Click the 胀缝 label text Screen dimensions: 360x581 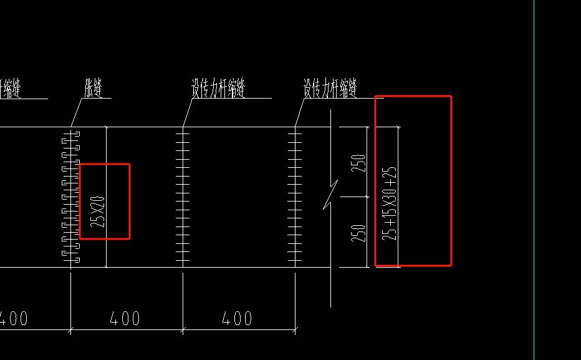94,89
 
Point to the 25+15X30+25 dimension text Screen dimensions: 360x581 390,203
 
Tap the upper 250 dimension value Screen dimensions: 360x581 358,162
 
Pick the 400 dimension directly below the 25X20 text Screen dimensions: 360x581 125,319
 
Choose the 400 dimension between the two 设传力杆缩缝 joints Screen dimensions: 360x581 238,319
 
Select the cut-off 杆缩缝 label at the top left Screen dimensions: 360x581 11,89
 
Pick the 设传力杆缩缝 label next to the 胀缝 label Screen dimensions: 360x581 218,89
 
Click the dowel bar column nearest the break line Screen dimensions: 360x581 295,197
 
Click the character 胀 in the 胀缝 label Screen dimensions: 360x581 89,89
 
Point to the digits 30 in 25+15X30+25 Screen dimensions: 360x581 390,198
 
